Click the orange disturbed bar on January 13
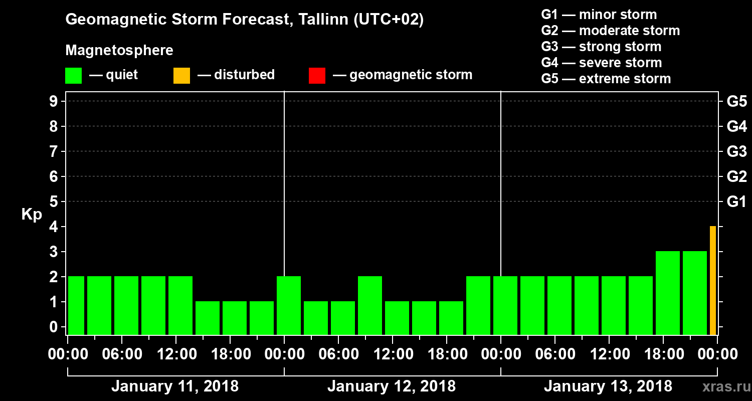pyautogui.click(x=713, y=281)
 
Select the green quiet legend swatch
pyautogui.click(x=73, y=76)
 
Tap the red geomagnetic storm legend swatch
pyautogui.click(x=317, y=76)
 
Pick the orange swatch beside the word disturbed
pyautogui.click(x=181, y=76)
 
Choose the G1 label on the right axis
pyautogui.click(x=736, y=202)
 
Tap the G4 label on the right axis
pyautogui.click(x=736, y=126)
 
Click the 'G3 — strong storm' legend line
pyautogui.click(x=601, y=47)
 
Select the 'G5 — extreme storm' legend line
pyautogui.click(x=606, y=79)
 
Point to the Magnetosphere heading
pyautogui.click(x=119, y=51)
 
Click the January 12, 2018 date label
pyautogui.click(x=392, y=386)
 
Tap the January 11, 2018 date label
pyautogui.click(x=175, y=386)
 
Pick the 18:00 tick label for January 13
pyautogui.click(x=663, y=354)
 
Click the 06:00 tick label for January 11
pyautogui.click(x=121, y=354)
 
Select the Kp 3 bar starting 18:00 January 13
pyautogui.click(x=668, y=293)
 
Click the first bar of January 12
pyautogui.click(x=289, y=306)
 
